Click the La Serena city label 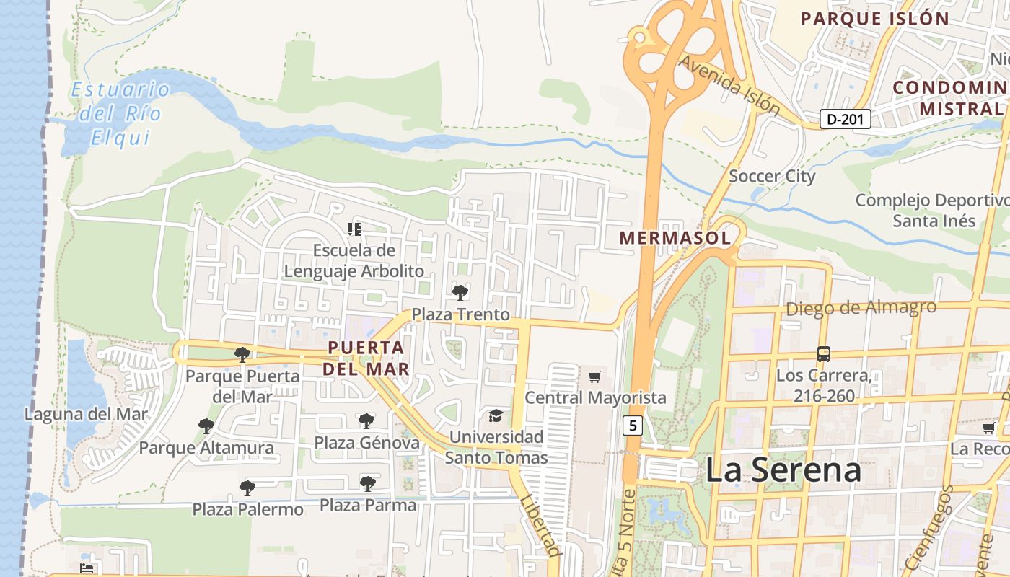(783, 470)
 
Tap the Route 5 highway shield (633, 426)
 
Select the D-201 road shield (846, 119)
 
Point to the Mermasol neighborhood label (675, 237)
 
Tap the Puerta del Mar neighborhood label (366, 358)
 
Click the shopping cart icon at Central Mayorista (594, 376)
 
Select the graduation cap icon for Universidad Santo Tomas (496, 415)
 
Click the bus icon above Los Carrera (823, 354)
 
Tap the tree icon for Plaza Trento (460, 292)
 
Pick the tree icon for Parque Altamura (206, 426)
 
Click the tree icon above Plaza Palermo (247, 488)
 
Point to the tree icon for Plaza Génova (366, 420)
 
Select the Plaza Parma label (368, 506)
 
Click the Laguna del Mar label (86, 414)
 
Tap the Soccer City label (772, 176)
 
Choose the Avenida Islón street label (729, 86)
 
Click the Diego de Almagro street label (861, 308)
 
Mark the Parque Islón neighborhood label (874, 19)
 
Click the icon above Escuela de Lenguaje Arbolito (353, 229)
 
